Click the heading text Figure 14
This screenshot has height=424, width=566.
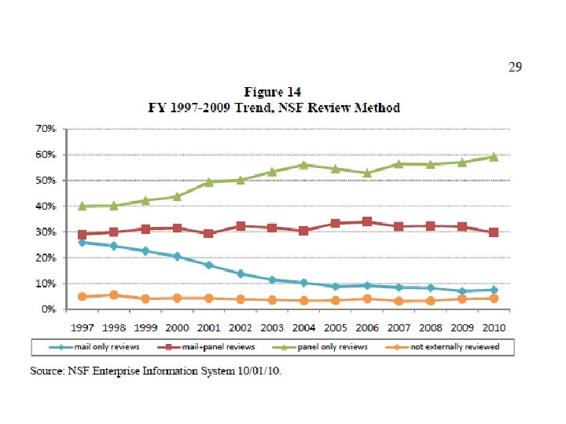(x=272, y=93)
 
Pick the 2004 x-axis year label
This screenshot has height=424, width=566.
(x=303, y=327)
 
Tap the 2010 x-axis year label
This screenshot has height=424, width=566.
(x=494, y=327)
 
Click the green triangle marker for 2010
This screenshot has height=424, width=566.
(x=494, y=157)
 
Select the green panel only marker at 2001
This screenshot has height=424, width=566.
(x=208, y=182)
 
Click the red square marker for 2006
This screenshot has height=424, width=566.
(x=367, y=221)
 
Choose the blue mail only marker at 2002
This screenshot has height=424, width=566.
(x=240, y=274)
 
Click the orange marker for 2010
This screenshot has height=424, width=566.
(x=494, y=298)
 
